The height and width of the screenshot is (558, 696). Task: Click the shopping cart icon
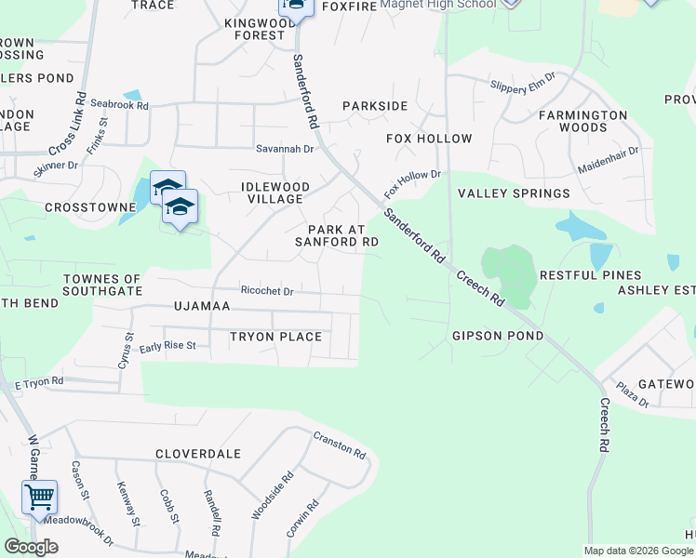pyautogui.click(x=39, y=498)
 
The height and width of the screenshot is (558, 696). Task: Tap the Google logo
pyautogui.click(x=31, y=547)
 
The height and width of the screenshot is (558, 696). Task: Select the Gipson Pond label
pyautogui.click(x=497, y=335)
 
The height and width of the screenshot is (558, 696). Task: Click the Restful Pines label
pyautogui.click(x=590, y=275)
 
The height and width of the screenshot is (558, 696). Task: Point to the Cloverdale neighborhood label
pyautogui.click(x=197, y=454)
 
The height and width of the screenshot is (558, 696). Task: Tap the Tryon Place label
pyautogui.click(x=275, y=337)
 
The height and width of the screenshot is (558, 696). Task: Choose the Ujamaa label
pyautogui.click(x=201, y=306)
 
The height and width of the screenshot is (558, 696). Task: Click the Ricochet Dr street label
pyautogui.click(x=267, y=291)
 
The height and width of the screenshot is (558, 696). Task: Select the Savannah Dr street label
pyautogui.click(x=285, y=149)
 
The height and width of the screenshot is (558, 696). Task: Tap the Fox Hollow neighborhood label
pyautogui.click(x=429, y=139)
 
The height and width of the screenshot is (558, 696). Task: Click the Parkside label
pyautogui.click(x=375, y=106)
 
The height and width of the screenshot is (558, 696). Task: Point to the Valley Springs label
pyautogui.click(x=514, y=193)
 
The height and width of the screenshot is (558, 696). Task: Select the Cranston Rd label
pyautogui.click(x=339, y=445)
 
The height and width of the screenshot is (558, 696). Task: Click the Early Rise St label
pyautogui.click(x=167, y=346)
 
